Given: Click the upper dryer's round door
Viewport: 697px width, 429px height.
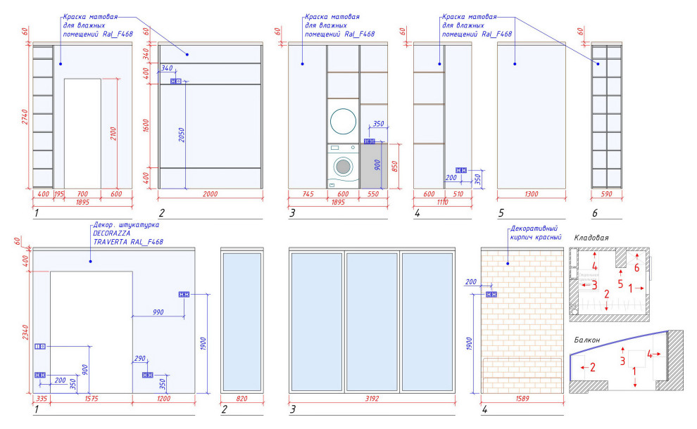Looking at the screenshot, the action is click(x=343, y=121).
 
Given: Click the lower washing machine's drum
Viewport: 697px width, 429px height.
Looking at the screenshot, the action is click(x=343, y=167).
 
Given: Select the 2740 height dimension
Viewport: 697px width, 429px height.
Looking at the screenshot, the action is click(x=25, y=117).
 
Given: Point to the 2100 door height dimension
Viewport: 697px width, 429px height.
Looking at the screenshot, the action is click(x=113, y=134).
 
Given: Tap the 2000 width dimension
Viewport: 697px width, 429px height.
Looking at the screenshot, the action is click(x=211, y=193).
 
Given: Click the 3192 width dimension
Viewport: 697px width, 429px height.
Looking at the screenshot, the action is click(x=372, y=398).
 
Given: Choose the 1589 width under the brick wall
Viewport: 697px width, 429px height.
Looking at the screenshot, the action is click(x=522, y=398).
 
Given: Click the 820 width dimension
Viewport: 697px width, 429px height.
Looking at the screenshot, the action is click(x=241, y=398).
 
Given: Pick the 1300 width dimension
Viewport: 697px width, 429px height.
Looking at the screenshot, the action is click(x=531, y=193).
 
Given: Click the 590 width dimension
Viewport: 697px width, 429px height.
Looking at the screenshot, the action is click(x=606, y=193).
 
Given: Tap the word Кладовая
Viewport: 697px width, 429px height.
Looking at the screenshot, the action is click(x=591, y=238).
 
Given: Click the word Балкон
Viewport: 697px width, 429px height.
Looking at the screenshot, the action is click(x=586, y=340).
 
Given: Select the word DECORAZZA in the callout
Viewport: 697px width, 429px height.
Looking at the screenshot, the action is click(x=111, y=233).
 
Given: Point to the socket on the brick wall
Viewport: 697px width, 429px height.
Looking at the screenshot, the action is click(x=491, y=295).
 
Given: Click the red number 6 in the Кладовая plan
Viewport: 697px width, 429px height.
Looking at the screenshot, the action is click(x=636, y=268).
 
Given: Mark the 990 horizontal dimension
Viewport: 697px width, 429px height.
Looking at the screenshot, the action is click(x=158, y=312).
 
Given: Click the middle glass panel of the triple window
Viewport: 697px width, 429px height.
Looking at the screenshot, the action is click(x=372, y=322).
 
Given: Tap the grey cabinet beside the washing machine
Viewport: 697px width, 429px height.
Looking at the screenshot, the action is click(x=374, y=166).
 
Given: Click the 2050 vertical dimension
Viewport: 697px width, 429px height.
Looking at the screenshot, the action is click(x=182, y=134).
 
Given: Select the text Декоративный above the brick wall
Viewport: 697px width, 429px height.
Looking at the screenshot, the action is click(x=534, y=229).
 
